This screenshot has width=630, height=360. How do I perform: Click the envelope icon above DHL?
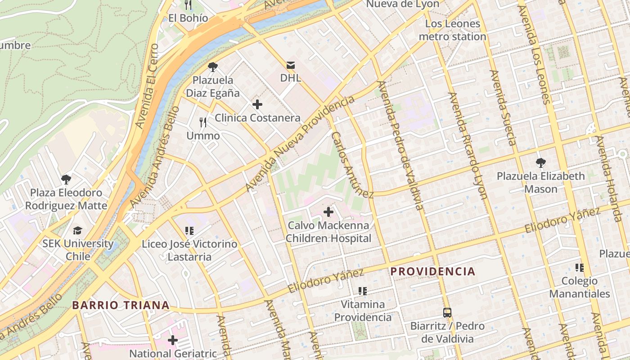click(x=290, y=65)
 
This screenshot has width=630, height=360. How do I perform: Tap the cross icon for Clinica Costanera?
click(x=257, y=105)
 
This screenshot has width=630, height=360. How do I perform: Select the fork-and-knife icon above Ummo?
click(x=203, y=122)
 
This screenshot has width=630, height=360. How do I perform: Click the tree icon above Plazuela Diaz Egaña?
click(x=213, y=67)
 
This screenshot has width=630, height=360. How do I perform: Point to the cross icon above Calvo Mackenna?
click(x=328, y=211)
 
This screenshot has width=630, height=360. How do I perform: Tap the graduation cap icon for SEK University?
click(x=78, y=230)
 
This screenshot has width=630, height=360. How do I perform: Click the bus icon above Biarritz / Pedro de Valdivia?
click(x=447, y=312)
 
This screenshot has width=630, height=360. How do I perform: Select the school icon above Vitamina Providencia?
click(x=362, y=291)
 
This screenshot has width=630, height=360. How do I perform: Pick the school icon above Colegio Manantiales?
click(x=579, y=268)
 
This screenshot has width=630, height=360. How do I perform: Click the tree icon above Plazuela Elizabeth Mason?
click(x=540, y=162)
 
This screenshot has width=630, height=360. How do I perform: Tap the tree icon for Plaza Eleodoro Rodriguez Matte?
click(x=66, y=180)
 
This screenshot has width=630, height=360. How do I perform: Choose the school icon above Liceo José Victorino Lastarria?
click(x=189, y=231)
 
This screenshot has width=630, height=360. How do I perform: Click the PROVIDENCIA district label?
click(x=432, y=271)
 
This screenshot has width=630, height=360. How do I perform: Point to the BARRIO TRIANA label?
click(x=121, y=305)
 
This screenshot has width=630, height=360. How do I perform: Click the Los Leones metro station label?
click(x=452, y=30)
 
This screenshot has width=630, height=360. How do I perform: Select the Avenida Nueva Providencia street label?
click(x=300, y=144)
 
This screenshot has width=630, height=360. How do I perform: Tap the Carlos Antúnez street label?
click(x=352, y=165)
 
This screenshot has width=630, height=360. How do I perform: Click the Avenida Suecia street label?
click(x=503, y=108)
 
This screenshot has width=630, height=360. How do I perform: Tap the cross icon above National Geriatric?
click(x=173, y=340)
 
